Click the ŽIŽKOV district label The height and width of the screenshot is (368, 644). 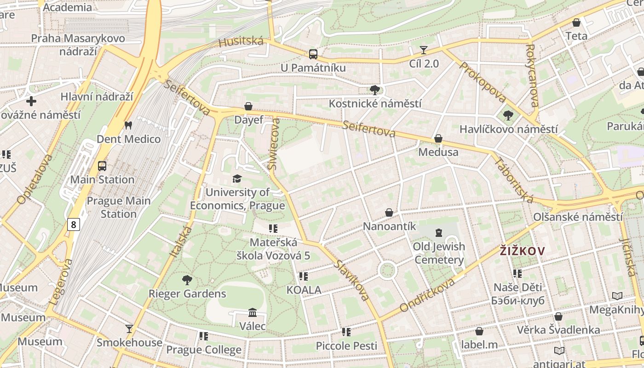click(x=522, y=251)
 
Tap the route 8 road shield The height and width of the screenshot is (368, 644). click(x=74, y=224)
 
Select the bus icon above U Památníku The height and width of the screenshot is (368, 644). click(x=313, y=54)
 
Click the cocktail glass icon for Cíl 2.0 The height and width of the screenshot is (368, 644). click(x=424, y=50)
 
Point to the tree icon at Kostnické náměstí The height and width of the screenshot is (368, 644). click(x=375, y=90)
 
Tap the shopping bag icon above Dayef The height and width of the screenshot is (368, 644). click(x=248, y=106)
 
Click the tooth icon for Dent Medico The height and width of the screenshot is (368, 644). click(x=128, y=125)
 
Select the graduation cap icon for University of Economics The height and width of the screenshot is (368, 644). click(x=237, y=178)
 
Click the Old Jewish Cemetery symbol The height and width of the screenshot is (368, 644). click(x=438, y=232)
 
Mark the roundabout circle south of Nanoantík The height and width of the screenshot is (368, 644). click(x=387, y=270)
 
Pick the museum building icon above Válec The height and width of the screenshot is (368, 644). click(x=253, y=313)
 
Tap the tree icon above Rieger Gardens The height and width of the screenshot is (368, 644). click(x=187, y=280)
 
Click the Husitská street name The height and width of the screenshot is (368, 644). click(x=241, y=42)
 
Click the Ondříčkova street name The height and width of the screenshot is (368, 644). click(x=427, y=295)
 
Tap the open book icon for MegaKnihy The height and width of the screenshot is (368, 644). click(x=617, y=296)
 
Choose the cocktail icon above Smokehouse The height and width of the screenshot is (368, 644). click(x=129, y=328)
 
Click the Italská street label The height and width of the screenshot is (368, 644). click(x=180, y=241)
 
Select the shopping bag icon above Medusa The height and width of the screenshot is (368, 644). click(x=438, y=138)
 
